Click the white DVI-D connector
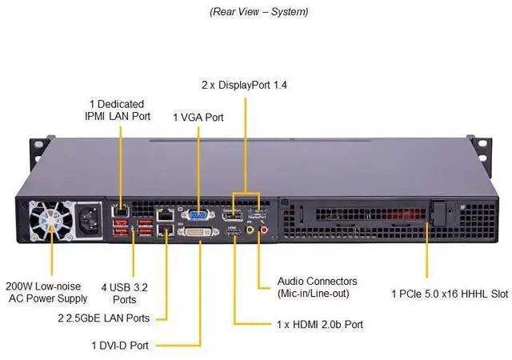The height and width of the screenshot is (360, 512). (194, 232)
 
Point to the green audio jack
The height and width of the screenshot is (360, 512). (250, 230)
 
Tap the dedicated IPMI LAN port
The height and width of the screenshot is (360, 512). (121, 210)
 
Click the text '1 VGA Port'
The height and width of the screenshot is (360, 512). (198, 118)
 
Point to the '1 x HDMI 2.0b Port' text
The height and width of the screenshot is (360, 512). (319, 324)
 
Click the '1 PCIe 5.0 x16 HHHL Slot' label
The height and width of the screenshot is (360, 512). (450, 294)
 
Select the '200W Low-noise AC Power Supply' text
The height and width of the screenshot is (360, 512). (46, 293)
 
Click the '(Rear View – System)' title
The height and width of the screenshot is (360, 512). (258, 12)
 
